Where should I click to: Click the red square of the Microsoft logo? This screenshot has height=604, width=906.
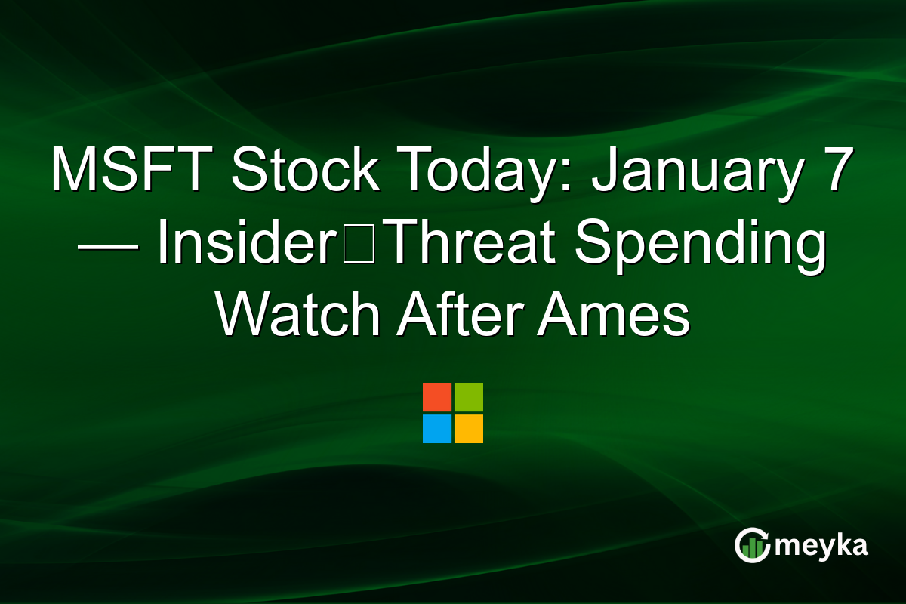437,397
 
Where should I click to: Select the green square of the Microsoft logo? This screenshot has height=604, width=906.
469,397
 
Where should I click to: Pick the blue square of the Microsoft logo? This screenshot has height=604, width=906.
437,429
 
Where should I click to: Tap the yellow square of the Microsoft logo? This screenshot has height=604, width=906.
469,429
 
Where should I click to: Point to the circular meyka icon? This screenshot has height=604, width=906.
752,545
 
